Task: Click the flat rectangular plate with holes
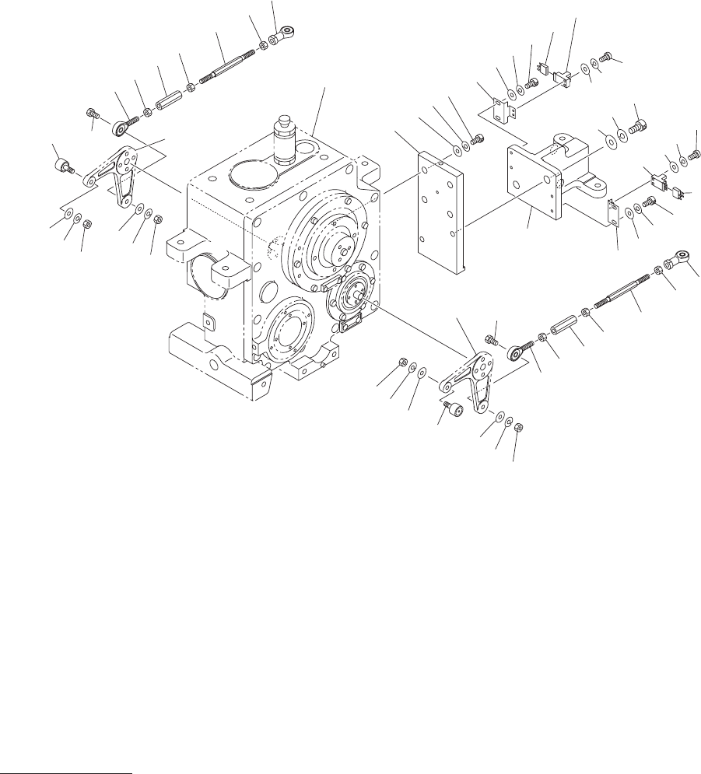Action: pos(441,210)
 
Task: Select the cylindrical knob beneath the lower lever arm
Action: pos(453,408)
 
